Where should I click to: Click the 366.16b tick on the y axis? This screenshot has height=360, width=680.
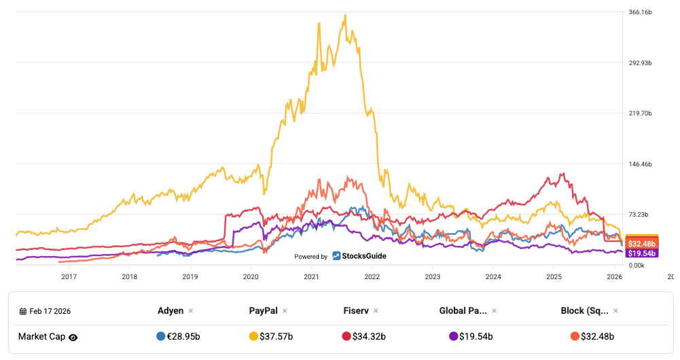pos(641,12)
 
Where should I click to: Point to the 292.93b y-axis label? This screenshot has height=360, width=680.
pos(641,63)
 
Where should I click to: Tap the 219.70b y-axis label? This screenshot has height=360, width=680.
pos(641,113)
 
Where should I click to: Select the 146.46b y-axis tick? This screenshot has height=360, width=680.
pos(641,164)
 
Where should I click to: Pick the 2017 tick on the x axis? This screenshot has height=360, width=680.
pos(69,276)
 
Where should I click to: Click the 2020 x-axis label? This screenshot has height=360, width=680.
pos(251,276)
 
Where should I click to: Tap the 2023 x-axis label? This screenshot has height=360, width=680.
pos(433,276)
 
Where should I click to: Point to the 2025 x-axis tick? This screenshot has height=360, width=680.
pos(554,276)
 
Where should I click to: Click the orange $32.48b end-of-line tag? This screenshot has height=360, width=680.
pos(641,243)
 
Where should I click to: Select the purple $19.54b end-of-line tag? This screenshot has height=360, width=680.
pos(641,253)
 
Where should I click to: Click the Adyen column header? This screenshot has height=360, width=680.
pos(171,310)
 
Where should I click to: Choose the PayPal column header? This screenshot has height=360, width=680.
pos(264,310)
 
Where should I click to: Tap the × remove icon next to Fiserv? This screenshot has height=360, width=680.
pos(377,311)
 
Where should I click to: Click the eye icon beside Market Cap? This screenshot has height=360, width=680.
pos(73,337)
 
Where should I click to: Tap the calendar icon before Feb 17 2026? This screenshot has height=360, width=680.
pos(23,311)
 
